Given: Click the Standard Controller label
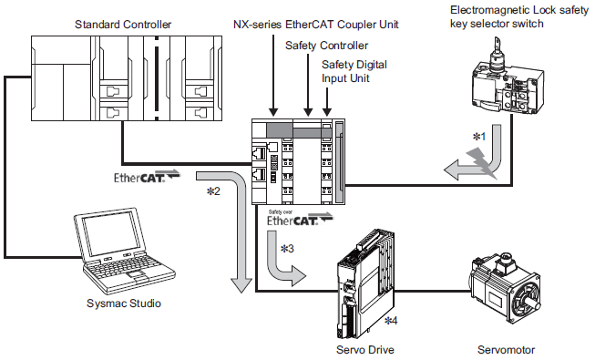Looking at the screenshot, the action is pos(123,25).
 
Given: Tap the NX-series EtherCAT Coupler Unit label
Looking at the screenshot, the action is pos(315,25).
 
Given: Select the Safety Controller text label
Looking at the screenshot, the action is pos(327,46).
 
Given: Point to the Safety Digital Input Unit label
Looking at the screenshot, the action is pos(354,71).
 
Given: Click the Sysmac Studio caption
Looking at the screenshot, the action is pos(124,303).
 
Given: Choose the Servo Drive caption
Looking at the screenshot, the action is pos(365,350).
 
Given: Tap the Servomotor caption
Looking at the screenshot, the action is pos(507,350).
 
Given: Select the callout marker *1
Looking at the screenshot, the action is pos(479,137).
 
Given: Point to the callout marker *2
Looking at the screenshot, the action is pos(213,191).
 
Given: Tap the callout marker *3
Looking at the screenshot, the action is pos(287,249).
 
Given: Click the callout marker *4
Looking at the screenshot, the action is pos(391,321).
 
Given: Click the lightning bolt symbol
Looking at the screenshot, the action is pos(482,164).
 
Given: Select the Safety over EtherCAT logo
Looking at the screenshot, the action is pos(300,218).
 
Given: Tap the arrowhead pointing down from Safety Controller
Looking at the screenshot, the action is pos(308,111).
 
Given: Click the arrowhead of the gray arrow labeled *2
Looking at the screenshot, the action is pos(241,284).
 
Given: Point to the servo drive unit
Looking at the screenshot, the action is pos(365,283).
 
